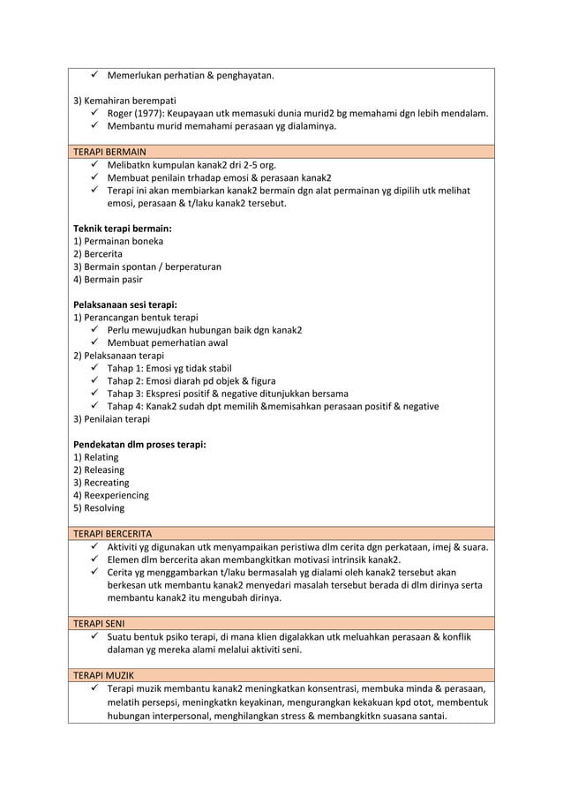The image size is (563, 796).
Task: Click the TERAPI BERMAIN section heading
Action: click(109, 152)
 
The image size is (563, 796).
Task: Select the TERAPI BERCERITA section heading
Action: click(112, 534)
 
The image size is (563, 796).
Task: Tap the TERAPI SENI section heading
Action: click(98, 623)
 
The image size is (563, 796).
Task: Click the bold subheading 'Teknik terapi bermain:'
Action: click(122, 229)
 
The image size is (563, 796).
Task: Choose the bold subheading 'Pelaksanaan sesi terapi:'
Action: click(124, 304)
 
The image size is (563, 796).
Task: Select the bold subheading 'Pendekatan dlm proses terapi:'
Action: click(139, 444)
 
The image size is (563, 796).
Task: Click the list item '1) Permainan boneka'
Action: click(117, 241)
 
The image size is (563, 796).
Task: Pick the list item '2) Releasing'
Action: click(99, 469)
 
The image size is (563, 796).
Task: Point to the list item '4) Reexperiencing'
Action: click(111, 495)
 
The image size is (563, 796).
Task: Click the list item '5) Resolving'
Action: click(99, 508)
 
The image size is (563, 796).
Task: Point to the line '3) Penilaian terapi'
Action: click(111, 419)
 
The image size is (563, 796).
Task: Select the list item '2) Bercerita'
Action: click(98, 253)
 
